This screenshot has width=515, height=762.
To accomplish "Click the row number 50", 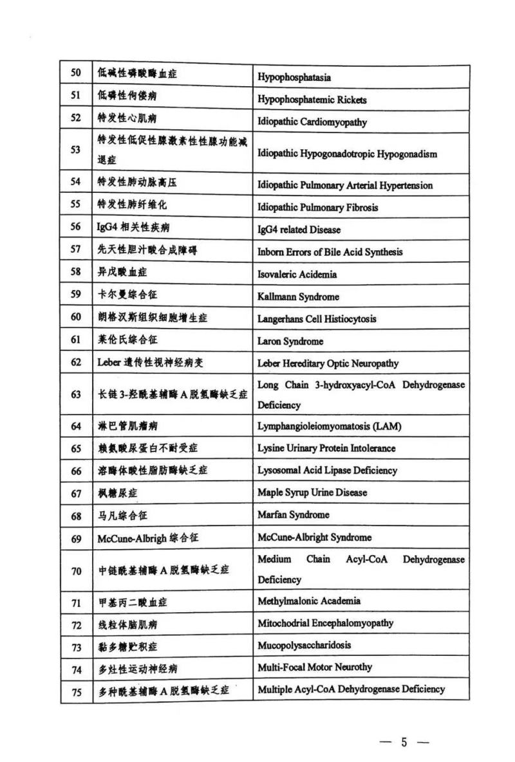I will coord(76,73).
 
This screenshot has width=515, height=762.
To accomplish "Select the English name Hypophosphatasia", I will coord(294,77).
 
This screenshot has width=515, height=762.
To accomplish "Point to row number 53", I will coord(76,149).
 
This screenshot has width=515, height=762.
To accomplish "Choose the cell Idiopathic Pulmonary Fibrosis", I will coord(318,207).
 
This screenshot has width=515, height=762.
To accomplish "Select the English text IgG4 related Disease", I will coord(299,230).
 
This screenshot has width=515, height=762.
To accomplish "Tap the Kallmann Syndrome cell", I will coord(298,296).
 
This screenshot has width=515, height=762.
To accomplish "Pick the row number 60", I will coord(76,316).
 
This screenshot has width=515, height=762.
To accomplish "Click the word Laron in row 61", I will coord(270,341).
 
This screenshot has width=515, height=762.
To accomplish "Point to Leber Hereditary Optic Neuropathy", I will coord(328,363).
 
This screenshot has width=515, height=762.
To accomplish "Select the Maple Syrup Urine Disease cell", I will coord(312,493).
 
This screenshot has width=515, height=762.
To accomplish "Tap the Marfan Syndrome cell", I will coord(293,514).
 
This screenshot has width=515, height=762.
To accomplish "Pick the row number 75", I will coord(76,691).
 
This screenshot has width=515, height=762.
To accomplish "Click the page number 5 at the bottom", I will coord(404,742).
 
